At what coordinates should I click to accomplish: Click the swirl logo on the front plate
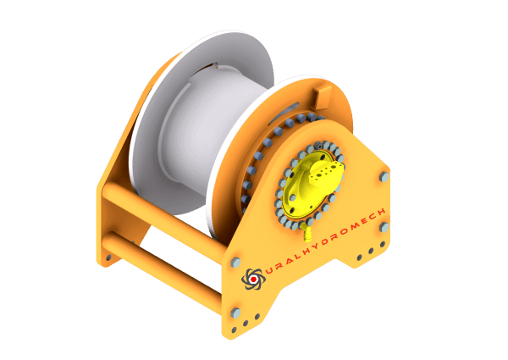pyautogui.click(x=253, y=279)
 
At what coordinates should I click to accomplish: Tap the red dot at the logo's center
pyautogui.click(x=253, y=280)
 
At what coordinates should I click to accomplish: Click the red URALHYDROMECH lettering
pyautogui.click(x=326, y=241)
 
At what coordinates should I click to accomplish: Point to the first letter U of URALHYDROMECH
pyautogui.click(x=269, y=271)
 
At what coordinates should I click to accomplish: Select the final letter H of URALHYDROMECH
pyautogui.click(x=381, y=213)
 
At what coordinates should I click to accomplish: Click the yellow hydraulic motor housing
pyautogui.click(x=311, y=186)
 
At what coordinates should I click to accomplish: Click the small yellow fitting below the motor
pyautogui.click(x=306, y=234)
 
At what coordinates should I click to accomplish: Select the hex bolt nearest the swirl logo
pyautogui.click(x=235, y=263)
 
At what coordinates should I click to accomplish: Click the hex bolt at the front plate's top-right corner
pyautogui.click(x=384, y=176)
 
